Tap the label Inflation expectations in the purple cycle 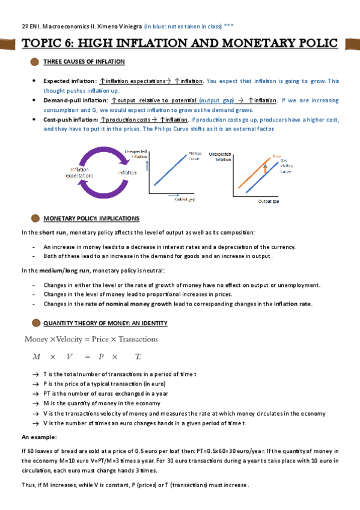pos(82,173)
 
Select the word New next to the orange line pos(277,156)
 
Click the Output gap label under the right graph pos(269,201)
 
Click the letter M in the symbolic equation pos(37,357)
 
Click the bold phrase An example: pos(39,437)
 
